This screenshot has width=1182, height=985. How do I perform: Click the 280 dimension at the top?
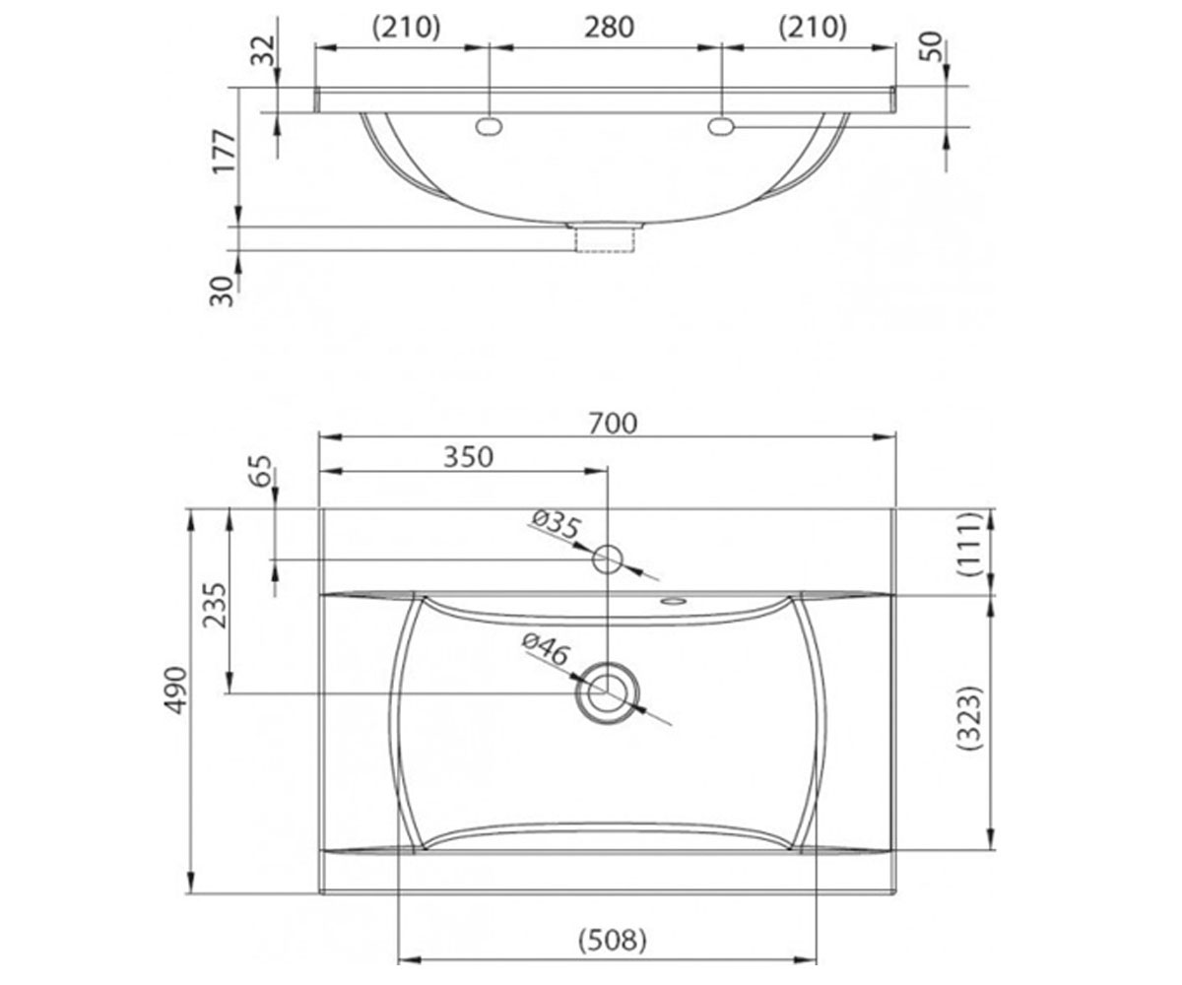click(x=609, y=28)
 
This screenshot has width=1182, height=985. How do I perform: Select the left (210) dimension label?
click(x=406, y=28)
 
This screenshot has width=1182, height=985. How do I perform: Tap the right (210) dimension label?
click(x=813, y=28)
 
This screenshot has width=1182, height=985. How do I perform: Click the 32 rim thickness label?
click(x=263, y=51)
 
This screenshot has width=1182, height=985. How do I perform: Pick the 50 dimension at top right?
click(x=931, y=46)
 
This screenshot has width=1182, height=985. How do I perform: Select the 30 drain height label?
click(x=222, y=291)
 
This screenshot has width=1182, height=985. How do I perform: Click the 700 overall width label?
click(x=613, y=424)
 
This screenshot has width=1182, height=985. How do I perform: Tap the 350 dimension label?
click(x=468, y=457)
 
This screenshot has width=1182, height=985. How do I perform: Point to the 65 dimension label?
click(x=262, y=470)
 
